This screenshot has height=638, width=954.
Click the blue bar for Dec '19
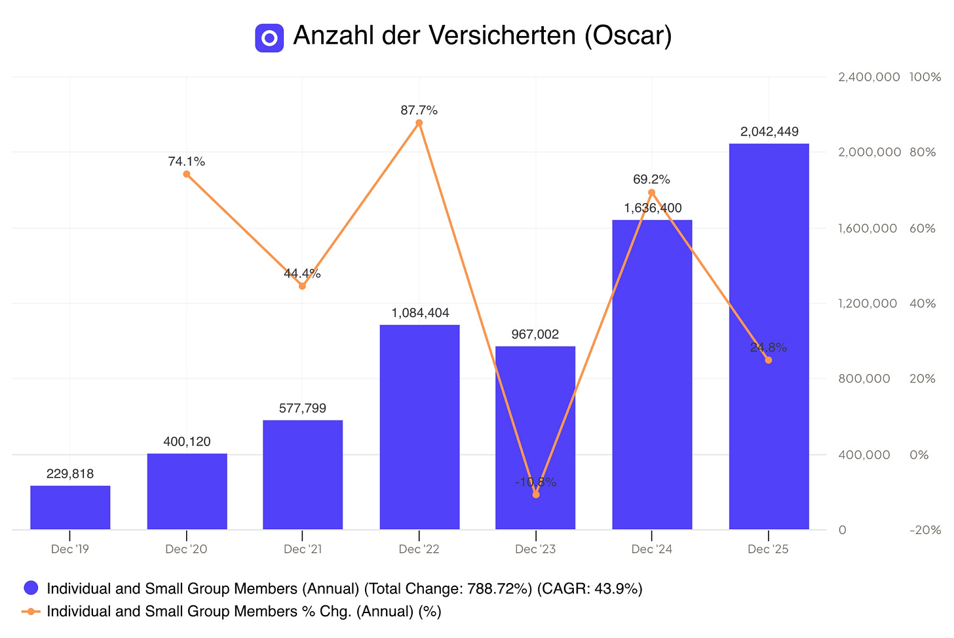point(70,507)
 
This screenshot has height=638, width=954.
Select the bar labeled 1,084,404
point(419,427)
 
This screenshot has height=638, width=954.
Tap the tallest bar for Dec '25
point(769,337)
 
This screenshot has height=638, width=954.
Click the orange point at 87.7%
point(419,123)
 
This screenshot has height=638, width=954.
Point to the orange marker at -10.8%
point(536,495)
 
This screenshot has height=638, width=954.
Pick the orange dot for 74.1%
point(187,174)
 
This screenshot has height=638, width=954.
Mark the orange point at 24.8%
point(769,360)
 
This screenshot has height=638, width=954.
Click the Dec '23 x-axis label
point(535,549)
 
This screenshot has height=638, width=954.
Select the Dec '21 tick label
point(303,549)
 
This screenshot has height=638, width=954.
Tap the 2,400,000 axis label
point(869,77)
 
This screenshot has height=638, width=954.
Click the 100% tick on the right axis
point(925,77)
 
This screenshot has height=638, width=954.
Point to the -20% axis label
point(925,530)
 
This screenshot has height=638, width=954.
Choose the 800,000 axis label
point(864,379)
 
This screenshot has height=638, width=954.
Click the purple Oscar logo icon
point(269,38)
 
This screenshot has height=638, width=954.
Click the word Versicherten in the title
point(503,35)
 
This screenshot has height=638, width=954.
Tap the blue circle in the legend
point(31,588)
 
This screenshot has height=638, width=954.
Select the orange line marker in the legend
point(31,612)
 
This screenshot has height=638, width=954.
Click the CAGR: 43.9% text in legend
point(590,589)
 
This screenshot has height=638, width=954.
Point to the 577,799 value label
point(303,409)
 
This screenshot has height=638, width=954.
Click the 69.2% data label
point(651,179)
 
